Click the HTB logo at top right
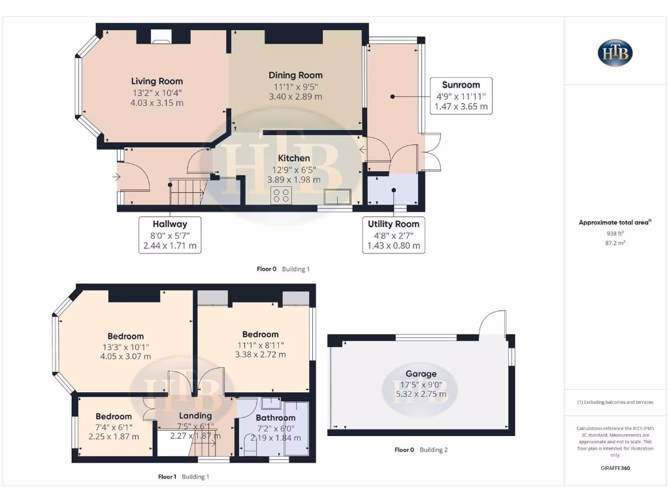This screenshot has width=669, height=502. (x=615, y=53)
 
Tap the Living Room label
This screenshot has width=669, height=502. (x=156, y=82)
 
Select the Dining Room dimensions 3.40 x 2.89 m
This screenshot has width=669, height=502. (x=295, y=97)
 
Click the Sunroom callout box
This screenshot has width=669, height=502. (x=461, y=95)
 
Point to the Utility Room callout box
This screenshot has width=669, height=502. (x=394, y=235)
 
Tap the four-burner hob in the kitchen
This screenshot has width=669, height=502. (x=282, y=195)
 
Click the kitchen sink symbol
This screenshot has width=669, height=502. (x=338, y=197)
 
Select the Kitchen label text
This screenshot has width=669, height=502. (x=294, y=158)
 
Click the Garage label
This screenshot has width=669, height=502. (x=421, y=374)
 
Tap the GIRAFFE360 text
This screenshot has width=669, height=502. (x=615, y=468)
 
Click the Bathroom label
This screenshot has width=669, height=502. (x=275, y=418)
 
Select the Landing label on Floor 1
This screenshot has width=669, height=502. (x=195, y=416)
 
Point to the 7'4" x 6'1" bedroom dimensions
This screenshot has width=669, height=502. (x=114, y=427)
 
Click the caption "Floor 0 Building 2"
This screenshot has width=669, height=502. (x=421, y=450)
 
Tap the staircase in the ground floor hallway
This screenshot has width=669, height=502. (x=187, y=193)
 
